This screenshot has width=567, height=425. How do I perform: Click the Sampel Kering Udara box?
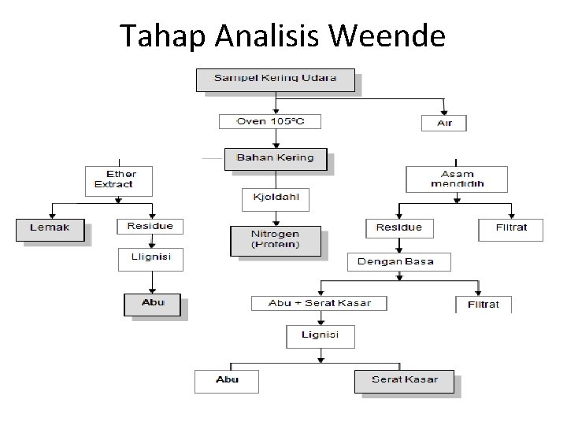tap(276, 79)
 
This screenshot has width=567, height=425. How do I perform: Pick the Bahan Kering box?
tap(275, 159)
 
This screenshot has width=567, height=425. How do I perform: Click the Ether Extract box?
tap(118, 179)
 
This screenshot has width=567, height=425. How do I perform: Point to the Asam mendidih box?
tap(457, 179)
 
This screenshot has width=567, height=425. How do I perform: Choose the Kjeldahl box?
tap(275, 199)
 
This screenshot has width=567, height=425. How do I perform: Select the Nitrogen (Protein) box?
tap(275, 240)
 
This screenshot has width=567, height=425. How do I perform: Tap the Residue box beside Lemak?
tap(150, 227)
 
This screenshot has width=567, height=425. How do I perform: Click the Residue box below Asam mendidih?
tap(398, 228)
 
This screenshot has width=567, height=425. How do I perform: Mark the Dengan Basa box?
tap(399, 261)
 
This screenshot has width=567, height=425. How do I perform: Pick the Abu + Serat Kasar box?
tap(319, 303)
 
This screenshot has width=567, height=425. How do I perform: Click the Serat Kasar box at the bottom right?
tap(406, 381)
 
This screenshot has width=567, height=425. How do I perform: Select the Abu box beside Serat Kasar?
tap(228, 381)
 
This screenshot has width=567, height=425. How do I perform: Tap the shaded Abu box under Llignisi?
tap(152, 304)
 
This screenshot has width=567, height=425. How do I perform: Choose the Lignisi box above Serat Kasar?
tap(320, 336)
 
